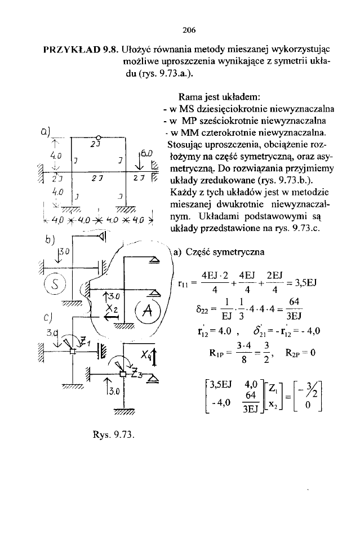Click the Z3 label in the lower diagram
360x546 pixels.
pos(136,374)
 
